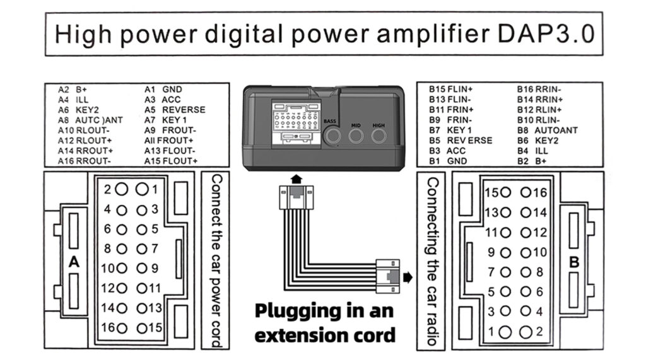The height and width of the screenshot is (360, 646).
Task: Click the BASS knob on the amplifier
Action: click(x=332, y=135)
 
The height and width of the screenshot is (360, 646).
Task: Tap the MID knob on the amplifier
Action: click(x=356, y=136)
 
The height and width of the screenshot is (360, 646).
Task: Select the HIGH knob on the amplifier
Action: click(x=379, y=136)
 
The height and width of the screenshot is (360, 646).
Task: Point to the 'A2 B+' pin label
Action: click(x=73, y=90)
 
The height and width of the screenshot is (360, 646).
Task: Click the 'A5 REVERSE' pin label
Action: click(x=175, y=110)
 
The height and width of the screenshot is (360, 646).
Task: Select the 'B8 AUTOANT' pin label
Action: click(x=547, y=130)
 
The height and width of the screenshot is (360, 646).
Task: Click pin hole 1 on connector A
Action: click(x=143, y=189)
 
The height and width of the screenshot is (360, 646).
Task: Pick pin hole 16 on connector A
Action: click(x=121, y=328)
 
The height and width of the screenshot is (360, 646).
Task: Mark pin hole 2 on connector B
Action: click(x=526, y=332)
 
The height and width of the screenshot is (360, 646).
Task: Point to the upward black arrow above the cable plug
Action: click(x=296, y=179)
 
